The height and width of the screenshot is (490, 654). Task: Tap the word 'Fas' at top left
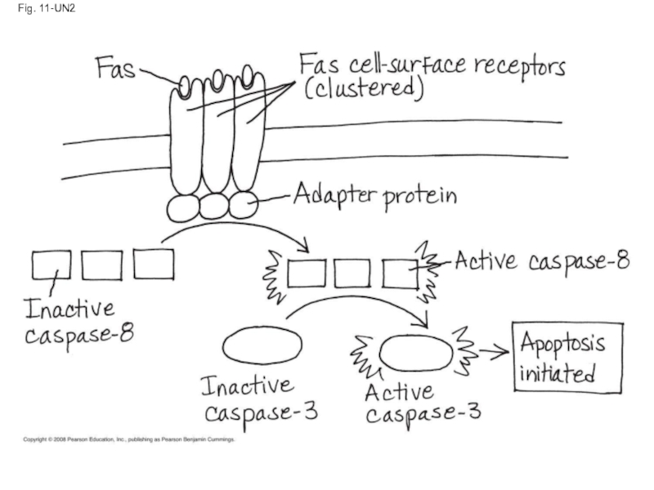pyautogui.click(x=115, y=66)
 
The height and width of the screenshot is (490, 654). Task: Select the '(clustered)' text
pyautogui.click(x=363, y=88)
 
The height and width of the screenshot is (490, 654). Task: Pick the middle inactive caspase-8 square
pyautogui.click(x=102, y=264)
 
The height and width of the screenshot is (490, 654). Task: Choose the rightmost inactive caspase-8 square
pyautogui.click(x=154, y=263)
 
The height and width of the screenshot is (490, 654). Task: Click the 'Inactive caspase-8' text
pyautogui.click(x=78, y=322)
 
